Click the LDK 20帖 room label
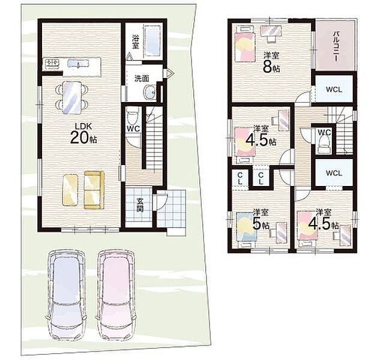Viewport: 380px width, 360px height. point(83,133)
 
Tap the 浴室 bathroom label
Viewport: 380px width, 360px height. point(136,42)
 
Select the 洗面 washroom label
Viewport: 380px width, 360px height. point(142,78)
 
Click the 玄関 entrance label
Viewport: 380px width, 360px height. point(139,205)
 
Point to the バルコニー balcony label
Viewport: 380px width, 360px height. point(336,46)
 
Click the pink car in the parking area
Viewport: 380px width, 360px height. point(116,295)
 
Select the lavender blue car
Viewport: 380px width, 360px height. point(66,295)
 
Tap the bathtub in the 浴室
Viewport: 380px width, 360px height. point(152,41)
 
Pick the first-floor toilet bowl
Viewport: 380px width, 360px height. point(133,116)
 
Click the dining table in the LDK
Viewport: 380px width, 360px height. point(72,97)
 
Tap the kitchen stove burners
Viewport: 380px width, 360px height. point(52,64)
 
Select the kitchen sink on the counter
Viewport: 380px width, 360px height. point(76,63)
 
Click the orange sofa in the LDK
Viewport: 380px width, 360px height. point(94,190)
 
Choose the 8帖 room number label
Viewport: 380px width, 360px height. point(271,67)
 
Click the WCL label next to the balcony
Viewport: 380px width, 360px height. point(334,89)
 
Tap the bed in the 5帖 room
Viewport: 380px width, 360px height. point(247,227)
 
